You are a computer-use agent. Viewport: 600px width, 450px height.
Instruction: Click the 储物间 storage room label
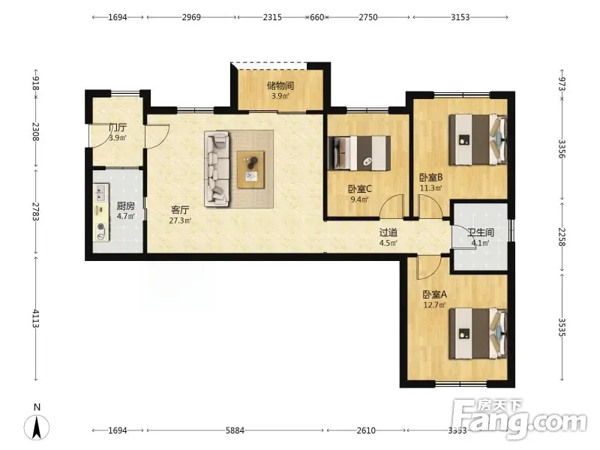tap(280, 85)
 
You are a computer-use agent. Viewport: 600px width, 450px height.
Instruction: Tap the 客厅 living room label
tap(180, 210)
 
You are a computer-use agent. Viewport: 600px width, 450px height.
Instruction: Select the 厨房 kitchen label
tap(125, 205)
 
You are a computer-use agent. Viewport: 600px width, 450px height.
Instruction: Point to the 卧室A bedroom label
tap(434, 294)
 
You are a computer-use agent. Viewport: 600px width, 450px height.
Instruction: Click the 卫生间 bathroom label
tap(481, 232)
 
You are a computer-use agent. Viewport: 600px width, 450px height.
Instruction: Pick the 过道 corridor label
tap(388, 232)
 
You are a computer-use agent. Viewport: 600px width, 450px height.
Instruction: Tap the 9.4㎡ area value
tap(360, 199)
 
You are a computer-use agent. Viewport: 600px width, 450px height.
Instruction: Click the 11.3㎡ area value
tap(430, 188)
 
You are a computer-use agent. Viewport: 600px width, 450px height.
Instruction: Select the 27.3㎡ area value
tap(180, 220)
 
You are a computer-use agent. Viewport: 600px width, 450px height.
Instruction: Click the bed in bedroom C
tap(359, 153)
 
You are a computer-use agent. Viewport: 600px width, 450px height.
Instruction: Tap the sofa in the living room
tap(217, 169)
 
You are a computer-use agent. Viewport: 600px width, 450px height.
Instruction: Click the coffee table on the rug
tap(250, 169)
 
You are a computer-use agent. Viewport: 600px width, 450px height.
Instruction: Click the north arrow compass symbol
tap(37, 427)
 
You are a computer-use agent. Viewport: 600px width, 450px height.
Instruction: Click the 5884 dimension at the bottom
tap(235, 430)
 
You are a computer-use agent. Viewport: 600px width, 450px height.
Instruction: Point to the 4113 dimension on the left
tap(35, 319)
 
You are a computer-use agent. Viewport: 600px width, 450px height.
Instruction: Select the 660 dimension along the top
tap(316, 17)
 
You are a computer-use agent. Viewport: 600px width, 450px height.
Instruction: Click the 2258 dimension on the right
tap(562, 237)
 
